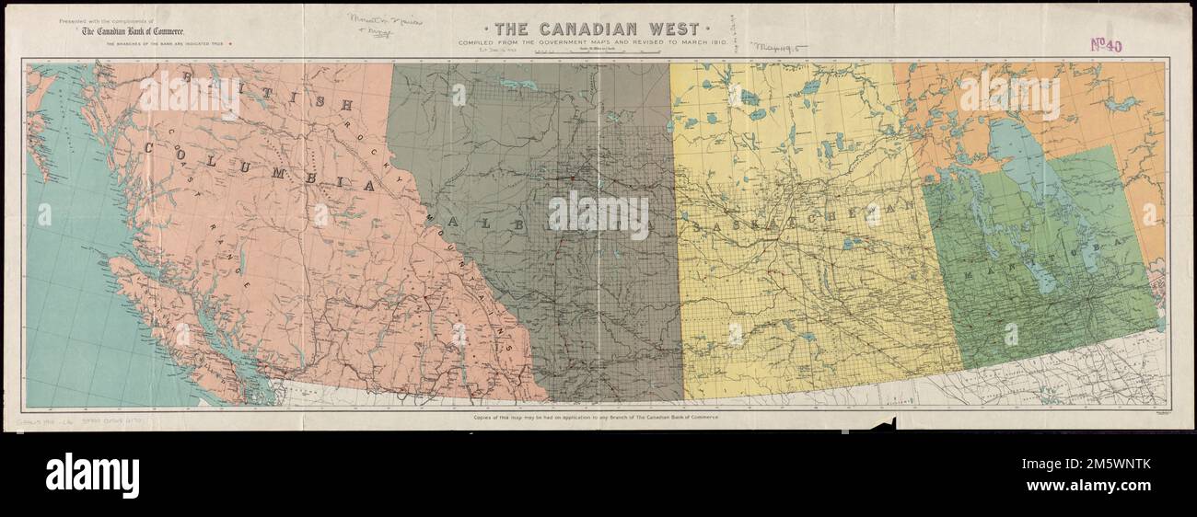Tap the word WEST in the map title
(667, 29)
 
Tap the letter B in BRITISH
(187, 77)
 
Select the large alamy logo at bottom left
(92, 476)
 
